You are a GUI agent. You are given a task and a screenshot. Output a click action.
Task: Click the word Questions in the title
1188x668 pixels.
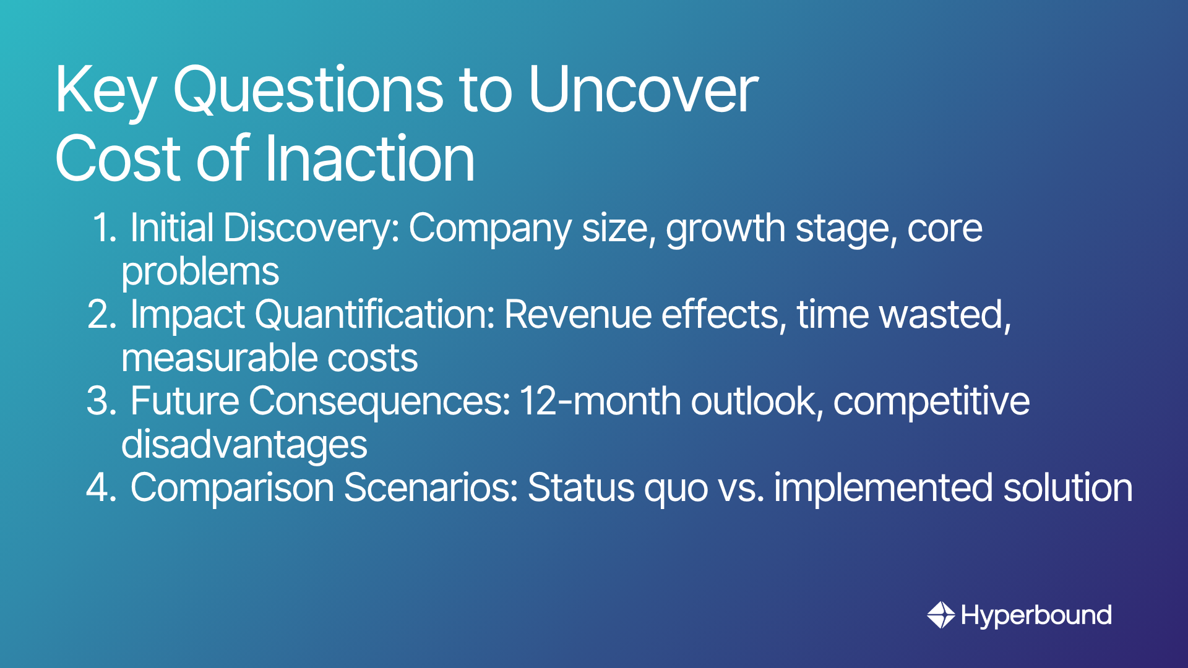click(308, 90)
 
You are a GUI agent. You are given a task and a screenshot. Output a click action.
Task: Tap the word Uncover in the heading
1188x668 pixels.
click(643, 90)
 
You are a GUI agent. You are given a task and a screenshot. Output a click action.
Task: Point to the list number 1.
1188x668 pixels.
click(104, 228)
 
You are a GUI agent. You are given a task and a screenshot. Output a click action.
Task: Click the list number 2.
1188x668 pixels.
click(102, 314)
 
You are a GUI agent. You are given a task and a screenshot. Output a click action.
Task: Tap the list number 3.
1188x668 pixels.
click(102, 401)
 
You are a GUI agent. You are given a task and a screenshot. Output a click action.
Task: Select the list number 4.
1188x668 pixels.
click(102, 487)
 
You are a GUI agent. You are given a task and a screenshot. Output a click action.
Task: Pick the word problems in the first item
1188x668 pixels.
click(200, 272)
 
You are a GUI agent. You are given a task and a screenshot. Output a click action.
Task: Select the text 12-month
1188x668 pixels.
click(600, 401)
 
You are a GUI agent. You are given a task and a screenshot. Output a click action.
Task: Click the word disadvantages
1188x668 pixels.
click(244, 445)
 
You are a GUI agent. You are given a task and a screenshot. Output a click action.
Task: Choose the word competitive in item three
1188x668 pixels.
click(932, 402)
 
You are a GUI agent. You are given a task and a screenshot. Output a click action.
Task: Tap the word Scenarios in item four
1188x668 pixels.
click(431, 487)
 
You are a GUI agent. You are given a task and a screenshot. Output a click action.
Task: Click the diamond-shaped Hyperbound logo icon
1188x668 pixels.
click(941, 615)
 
